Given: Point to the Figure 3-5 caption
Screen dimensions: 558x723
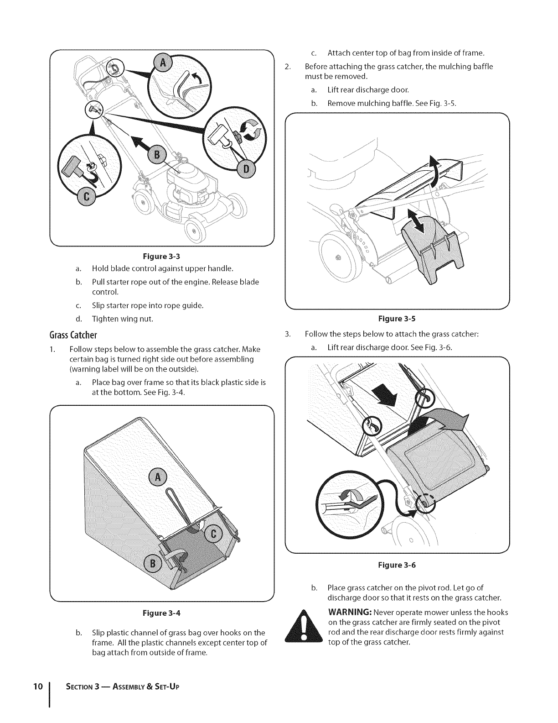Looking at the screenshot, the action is tap(397, 319).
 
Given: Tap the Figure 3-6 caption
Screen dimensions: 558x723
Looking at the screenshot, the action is tap(397, 565).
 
